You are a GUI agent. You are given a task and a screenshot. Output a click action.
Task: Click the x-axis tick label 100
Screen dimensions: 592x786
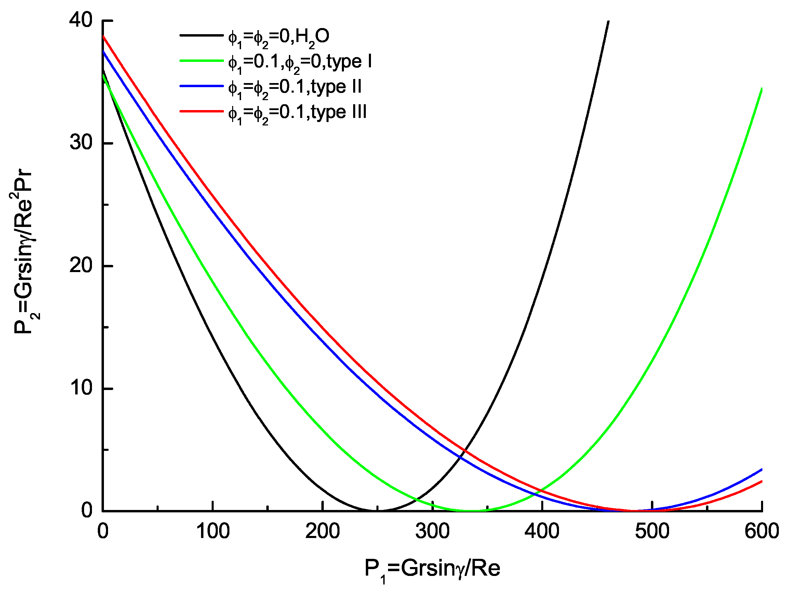coord(213,531)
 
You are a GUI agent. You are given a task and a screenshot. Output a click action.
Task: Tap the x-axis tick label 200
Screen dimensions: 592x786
coord(322,531)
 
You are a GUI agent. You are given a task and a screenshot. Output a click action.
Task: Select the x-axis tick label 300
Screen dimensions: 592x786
coord(432,531)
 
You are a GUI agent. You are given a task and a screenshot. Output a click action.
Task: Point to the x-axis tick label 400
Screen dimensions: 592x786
coord(542,531)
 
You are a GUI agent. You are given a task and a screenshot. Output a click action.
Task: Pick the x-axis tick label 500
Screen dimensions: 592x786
coord(652,531)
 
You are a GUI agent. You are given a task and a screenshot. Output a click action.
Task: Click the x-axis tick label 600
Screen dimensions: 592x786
coord(761,531)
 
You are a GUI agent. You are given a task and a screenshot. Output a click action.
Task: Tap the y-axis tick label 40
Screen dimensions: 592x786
coord(81,20)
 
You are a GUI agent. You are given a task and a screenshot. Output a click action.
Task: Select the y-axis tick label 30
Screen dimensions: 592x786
coord(81,143)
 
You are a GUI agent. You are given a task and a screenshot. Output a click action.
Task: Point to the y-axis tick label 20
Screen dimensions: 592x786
coord(81,266)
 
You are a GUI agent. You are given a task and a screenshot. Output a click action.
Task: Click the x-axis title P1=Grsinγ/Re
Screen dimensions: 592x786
coord(432,568)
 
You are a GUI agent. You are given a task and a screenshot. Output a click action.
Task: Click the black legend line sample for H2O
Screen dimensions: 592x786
coord(201,35)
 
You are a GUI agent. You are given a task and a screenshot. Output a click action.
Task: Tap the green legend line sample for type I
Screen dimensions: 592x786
coord(201,61)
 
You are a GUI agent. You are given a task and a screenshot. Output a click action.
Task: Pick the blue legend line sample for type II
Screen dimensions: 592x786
coord(201,86)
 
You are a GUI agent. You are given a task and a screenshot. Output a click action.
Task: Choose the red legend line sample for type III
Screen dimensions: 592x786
coord(201,111)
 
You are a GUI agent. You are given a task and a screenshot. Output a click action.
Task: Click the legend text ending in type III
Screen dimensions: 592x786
coord(297,113)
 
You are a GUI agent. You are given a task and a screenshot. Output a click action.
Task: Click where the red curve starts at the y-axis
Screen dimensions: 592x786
coord(103,36)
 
